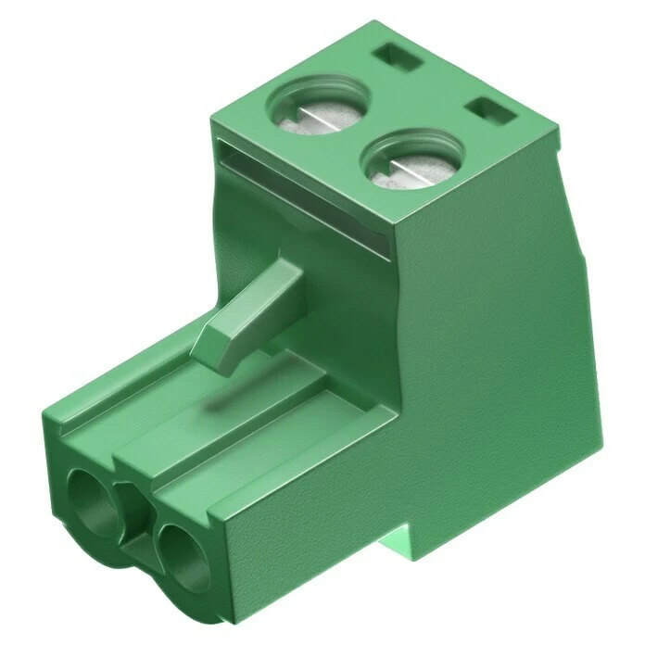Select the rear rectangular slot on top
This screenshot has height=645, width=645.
click(x=399, y=58)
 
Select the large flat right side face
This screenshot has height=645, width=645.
click(x=491, y=352)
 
